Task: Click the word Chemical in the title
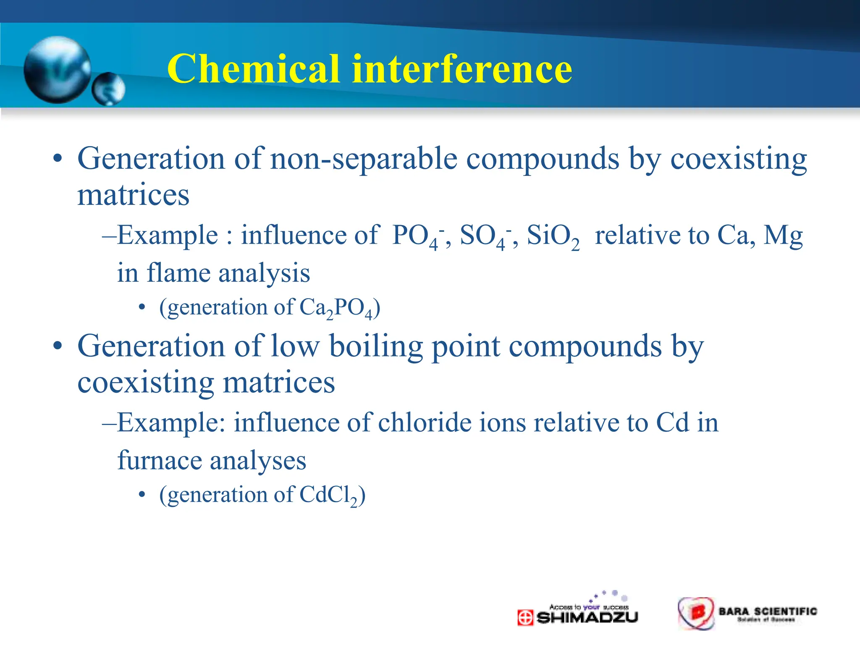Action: [x=253, y=69]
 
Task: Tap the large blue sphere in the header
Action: [x=57, y=70]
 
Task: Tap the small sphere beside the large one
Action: [x=108, y=89]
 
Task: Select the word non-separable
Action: [x=364, y=160]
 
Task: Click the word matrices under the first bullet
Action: [x=134, y=195]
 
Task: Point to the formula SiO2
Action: [x=553, y=236]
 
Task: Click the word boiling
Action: [x=375, y=347]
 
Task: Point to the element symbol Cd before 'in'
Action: [x=672, y=422]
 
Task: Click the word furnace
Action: [x=160, y=460]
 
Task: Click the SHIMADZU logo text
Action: [x=587, y=618]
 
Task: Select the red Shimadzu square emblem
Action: [x=525, y=618]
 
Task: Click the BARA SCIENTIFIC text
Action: [x=768, y=611]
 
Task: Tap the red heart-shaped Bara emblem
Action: [x=696, y=613]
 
